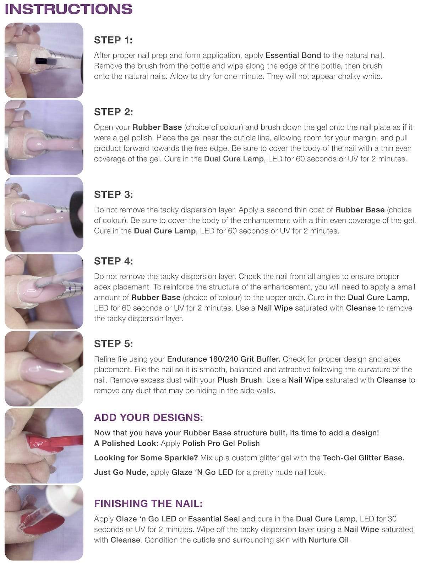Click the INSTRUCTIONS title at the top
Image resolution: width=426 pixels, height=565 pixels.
click(69, 9)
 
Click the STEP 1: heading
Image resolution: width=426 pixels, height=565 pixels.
click(113, 40)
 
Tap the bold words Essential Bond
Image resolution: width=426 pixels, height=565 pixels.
click(293, 55)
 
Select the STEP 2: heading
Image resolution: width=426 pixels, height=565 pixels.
click(113, 112)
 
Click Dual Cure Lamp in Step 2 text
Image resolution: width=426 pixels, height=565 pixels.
click(234, 159)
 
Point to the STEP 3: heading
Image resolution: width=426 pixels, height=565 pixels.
click(113, 195)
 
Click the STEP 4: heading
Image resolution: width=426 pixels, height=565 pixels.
click(113, 261)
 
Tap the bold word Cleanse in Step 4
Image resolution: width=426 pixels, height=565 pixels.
click(360, 308)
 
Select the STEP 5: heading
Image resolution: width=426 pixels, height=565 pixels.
click(113, 344)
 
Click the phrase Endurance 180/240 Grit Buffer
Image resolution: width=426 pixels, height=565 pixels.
click(224, 359)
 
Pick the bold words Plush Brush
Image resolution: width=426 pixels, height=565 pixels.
click(240, 380)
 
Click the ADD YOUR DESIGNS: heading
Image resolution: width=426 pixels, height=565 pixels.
click(148, 417)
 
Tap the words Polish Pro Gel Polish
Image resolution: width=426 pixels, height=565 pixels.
click(221, 444)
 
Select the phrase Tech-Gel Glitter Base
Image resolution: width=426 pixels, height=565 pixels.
click(363, 458)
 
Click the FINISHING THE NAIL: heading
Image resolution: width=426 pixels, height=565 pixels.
click(148, 504)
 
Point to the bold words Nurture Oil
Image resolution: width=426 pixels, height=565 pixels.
click(329, 540)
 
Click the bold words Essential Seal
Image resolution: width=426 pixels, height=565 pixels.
click(214, 519)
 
